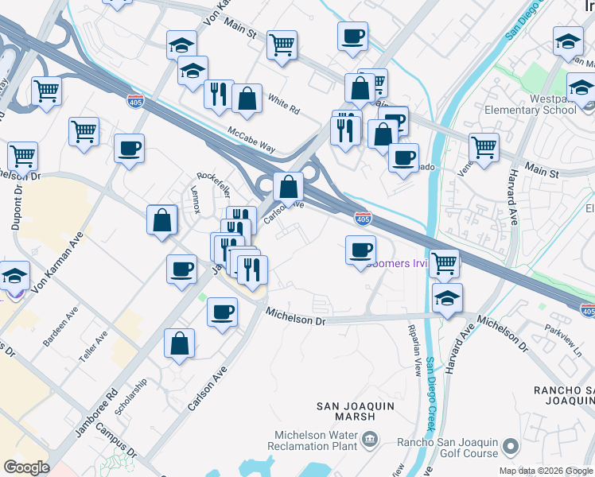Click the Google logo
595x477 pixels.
coord(26,467)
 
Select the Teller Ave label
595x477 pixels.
coord(96,348)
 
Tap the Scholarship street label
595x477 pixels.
coord(131,394)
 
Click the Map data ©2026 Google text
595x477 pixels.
coord(545,471)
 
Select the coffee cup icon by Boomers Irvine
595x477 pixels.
coord(360,250)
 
